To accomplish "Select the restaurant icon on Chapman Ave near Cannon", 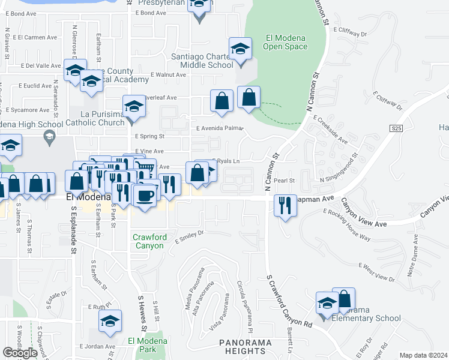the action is (283, 205).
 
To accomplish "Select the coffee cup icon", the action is (144, 196).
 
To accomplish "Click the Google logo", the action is (20, 353).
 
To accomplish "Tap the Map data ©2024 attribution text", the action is (424, 355).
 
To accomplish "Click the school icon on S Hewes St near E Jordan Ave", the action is (109, 322).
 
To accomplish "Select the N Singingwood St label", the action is (339, 168).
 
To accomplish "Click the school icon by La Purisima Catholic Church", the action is (134, 106).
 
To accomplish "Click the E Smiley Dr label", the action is (190, 237).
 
